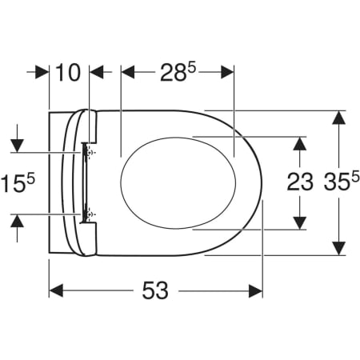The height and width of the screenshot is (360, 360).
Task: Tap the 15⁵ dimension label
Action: [x=20, y=182]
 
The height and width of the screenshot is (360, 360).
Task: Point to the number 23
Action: [x=300, y=182]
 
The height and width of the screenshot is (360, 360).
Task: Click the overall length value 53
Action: [x=155, y=290]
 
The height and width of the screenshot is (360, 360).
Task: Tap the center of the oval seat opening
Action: [x=178, y=182]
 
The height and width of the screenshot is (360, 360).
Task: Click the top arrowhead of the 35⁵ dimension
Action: [x=339, y=118]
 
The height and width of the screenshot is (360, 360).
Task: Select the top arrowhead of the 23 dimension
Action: [x=300, y=143]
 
